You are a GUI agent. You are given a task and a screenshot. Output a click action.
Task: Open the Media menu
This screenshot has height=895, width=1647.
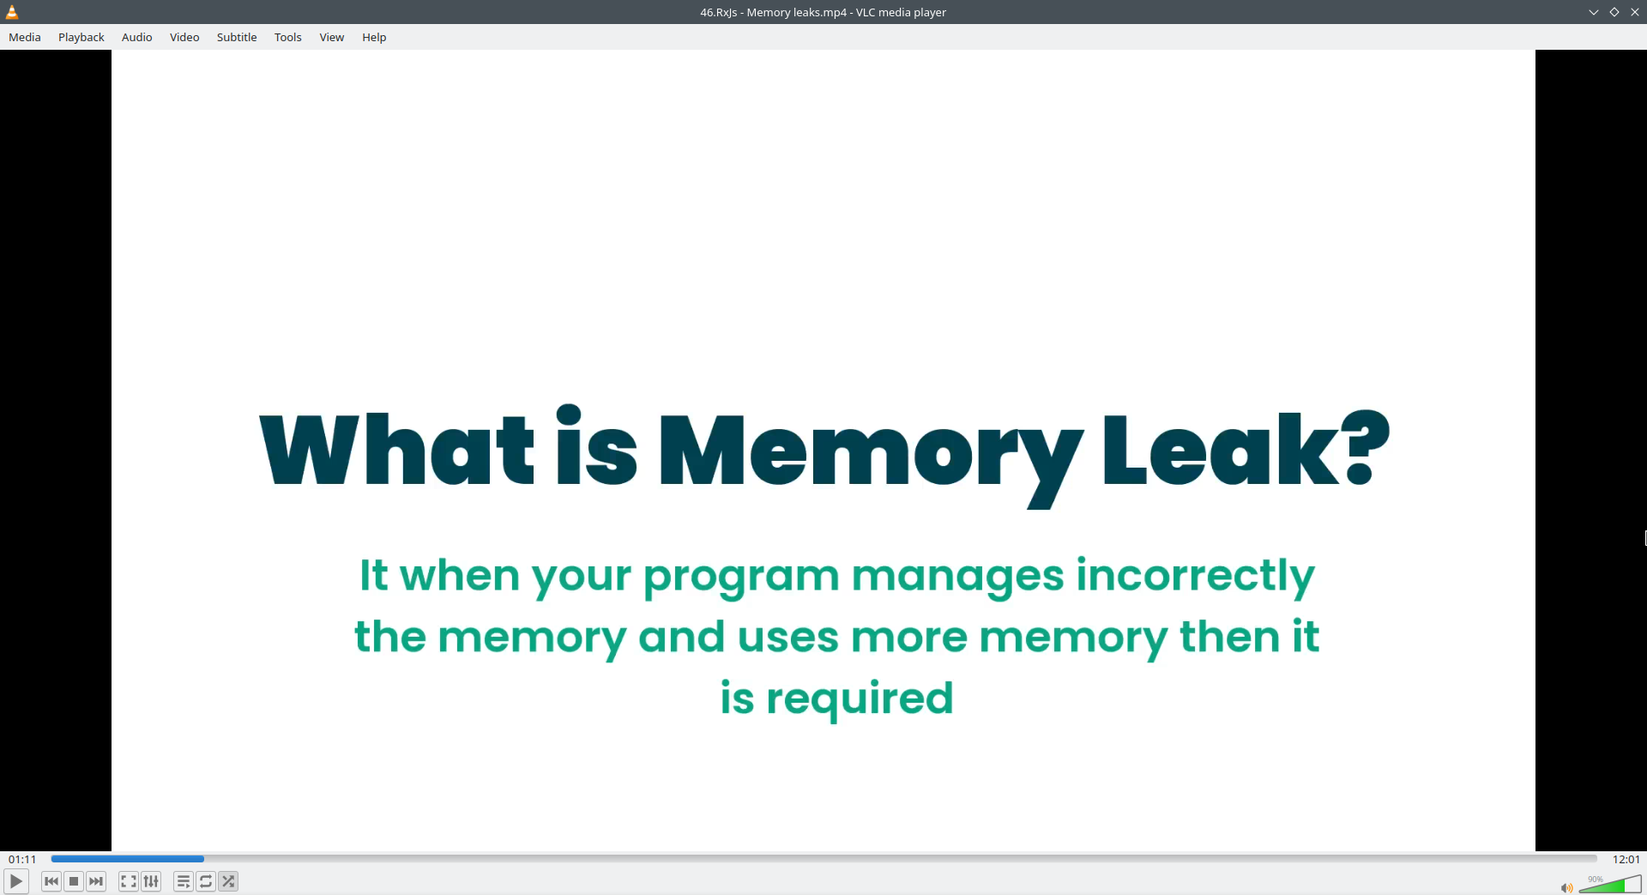(x=25, y=37)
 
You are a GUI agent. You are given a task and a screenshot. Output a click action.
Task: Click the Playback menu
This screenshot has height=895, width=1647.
(x=81, y=37)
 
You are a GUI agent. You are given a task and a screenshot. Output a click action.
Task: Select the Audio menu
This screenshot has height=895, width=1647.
(x=137, y=37)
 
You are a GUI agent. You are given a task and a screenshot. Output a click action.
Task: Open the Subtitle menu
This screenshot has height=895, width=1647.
(x=237, y=37)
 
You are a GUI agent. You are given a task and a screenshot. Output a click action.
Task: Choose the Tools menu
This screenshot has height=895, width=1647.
(x=288, y=37)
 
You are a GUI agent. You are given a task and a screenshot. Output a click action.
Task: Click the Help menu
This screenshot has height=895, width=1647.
(x=374, y=37)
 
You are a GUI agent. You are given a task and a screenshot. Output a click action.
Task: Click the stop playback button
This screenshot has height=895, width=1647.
(x=74, y=881)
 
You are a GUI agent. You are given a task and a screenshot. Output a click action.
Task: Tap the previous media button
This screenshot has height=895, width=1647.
(x=51, y=881)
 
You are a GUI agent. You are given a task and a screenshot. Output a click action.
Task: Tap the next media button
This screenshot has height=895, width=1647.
(x=96, y=881)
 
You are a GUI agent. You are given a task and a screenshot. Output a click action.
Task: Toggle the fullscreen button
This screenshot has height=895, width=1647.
(x=129, y=881)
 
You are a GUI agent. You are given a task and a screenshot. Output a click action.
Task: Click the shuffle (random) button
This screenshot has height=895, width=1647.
(x=228, y=881)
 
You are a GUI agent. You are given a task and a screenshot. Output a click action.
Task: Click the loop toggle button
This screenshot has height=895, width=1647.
(x=206, y=881)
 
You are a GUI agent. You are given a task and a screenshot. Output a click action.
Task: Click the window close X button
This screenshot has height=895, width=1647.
(x=1635, y=12)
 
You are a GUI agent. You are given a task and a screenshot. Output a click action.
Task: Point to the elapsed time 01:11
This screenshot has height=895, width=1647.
(x=22, y=859)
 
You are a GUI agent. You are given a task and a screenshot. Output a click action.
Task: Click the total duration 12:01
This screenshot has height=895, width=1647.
(x=1626, y=859)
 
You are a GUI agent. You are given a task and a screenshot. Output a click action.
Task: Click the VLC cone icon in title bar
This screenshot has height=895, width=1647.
(x=12, y=12)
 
